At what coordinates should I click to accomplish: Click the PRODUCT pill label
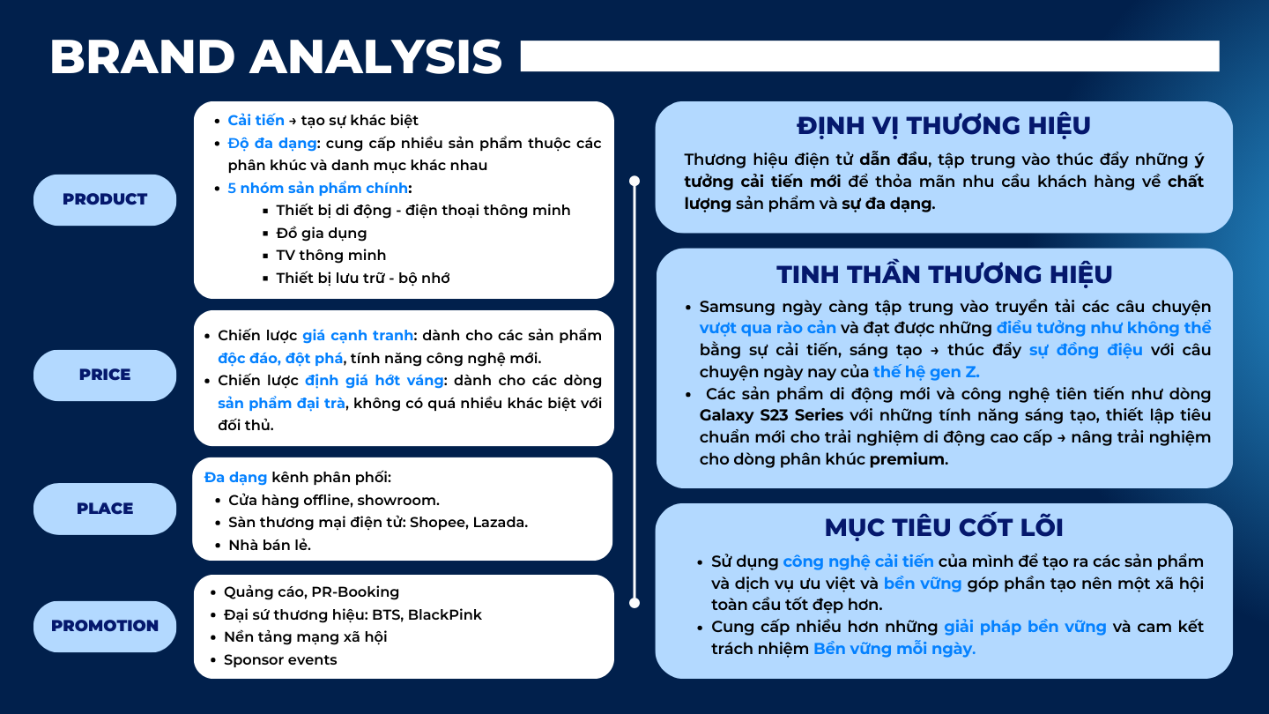(105, 199)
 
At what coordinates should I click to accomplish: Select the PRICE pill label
(105, 376)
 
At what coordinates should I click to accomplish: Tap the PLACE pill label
(105, 509)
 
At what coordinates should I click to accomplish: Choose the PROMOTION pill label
(105, 626)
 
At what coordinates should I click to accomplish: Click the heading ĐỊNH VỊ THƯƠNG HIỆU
(943, 126)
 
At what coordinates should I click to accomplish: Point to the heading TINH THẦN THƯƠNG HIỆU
(945, 274)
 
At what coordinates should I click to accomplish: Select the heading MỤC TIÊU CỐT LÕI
(944, 527)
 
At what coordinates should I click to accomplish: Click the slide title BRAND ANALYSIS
(276, 56)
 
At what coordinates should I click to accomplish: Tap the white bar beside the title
(870, 56)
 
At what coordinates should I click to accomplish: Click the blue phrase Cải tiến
(256, 120)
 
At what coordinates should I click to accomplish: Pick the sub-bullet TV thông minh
(330, 255)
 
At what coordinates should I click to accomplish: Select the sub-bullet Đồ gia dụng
(321, 233)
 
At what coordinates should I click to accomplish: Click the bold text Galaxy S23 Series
(771, 415)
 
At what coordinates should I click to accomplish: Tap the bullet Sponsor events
(280, 659)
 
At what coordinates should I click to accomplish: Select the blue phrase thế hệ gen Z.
(926, 372)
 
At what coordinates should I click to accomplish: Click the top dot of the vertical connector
(634, 181)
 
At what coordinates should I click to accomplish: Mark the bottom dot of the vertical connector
(634, 603)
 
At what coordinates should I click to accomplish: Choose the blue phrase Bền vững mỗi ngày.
(894, 648)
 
